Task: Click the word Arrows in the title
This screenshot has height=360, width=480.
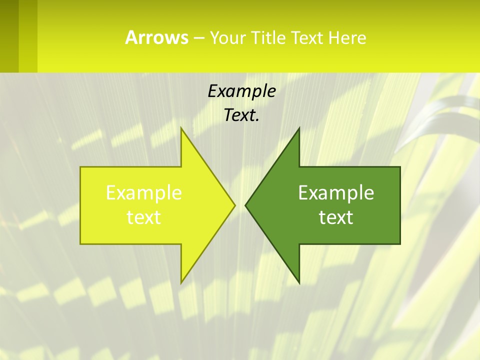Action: pos(156,37)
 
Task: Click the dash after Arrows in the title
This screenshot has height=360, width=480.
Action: pos(198,38)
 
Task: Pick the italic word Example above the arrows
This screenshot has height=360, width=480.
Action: pos(241,91)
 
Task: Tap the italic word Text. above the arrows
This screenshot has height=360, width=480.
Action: pos(241,115)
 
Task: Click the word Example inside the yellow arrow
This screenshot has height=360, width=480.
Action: pos(144,192)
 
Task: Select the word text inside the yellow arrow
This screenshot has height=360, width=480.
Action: pos(144,217)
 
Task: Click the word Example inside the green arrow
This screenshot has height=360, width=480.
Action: pos(336,192)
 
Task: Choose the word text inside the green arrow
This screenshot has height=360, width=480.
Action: pos(336,217)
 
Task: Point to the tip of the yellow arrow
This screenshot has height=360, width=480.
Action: pos(234,205)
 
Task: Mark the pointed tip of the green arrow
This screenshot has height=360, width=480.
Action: pos(245,205)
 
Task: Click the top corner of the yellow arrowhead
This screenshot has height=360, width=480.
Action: pos(181,128)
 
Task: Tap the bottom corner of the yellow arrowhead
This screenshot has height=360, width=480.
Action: pos(181,283)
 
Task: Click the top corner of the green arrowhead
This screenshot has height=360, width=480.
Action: pos(299,128)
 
